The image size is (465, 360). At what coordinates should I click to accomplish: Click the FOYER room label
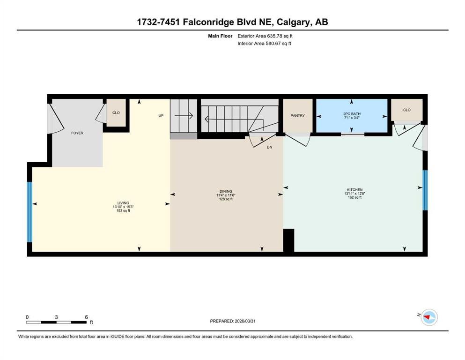(77, 133)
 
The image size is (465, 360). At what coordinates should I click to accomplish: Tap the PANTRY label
(297, 116)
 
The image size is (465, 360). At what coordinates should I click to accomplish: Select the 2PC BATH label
(352, 113)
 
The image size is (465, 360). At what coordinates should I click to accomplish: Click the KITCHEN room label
(354, 190)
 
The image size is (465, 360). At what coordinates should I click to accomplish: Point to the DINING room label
(226, 191)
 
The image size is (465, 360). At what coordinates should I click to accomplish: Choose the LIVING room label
(123, 203)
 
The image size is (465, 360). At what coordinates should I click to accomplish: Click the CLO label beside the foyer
(116, 113)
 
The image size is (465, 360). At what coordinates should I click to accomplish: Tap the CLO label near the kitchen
(407, 110)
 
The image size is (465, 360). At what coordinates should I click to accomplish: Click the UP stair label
(161, 116)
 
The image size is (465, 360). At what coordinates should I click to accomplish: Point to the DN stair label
(269, 147)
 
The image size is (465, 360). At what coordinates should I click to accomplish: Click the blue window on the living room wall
(30, 212)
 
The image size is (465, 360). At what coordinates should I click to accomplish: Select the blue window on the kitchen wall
(425, 190)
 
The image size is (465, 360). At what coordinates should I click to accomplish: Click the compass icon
(429, 317)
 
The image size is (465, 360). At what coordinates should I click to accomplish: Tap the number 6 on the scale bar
(86, 317)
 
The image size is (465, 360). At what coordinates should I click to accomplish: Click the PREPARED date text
(232, 321)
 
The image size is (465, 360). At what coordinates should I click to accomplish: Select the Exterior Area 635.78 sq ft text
(265, 36)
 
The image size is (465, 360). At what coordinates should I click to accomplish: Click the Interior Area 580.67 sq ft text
(264, 43)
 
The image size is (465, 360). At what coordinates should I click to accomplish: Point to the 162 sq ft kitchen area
(354, 197)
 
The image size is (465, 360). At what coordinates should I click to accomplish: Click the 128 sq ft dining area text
(226, 199)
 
